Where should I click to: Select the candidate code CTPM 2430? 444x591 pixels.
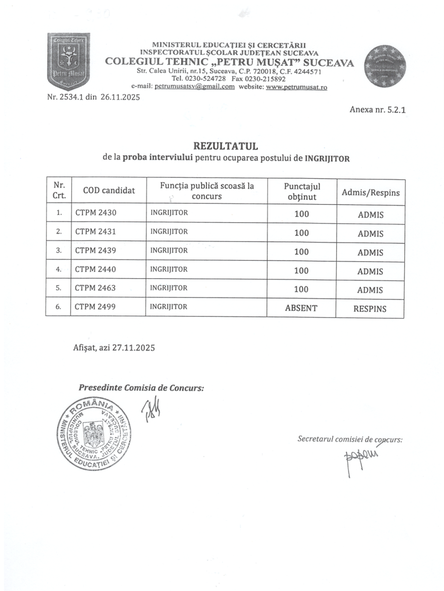[x=96, y=213]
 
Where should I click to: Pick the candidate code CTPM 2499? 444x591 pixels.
[x=96, y=307]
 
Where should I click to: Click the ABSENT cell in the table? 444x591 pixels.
[x=301, y=308]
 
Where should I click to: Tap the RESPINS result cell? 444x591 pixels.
[x=370, y=309]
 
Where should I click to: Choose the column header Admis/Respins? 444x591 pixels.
[x=370, y=192]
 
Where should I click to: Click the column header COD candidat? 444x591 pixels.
[x=109, y=190]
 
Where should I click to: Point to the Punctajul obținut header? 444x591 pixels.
[x=302, y=192]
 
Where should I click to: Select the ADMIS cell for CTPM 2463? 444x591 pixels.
[x=370, y=290]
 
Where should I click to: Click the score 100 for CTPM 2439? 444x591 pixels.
[x=301, y=252]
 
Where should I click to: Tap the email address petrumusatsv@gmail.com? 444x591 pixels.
[x=190, y=87]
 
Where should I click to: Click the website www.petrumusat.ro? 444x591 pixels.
[x=296, y=87]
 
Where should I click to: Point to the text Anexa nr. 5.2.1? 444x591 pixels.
[x=374, y=109]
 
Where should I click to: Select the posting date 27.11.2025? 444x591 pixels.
[x=133, y=348]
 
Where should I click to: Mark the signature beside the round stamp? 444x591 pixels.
[x=152, y=411]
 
